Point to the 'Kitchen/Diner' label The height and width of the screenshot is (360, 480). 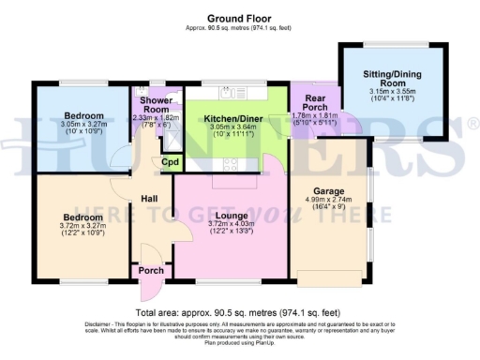coord(226,119)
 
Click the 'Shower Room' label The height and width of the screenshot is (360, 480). coord(153,104)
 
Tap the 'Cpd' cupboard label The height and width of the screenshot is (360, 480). coord(171,162)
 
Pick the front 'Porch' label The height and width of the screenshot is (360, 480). coord(150,272)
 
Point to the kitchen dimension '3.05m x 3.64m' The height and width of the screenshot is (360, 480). coord(226,128)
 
